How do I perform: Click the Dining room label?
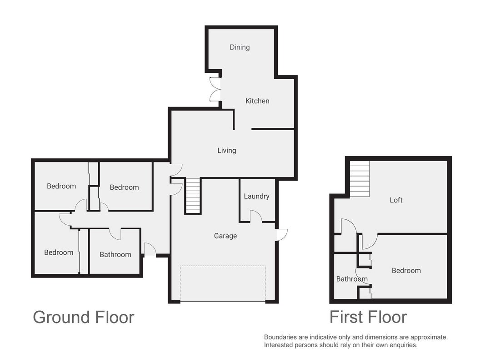tap(240, 47)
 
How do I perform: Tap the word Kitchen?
tap(257, 101)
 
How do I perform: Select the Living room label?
tap(226, 151)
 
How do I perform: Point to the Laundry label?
tap(256, 196)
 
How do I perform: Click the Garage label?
tap(225, 236)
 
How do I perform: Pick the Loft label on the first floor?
tap(396, 200)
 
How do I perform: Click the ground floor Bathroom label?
tap(115, 254)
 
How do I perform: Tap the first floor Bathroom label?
tap(352, 279)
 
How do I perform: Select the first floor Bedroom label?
tap(406, 271)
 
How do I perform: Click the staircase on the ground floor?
tap(193, 196)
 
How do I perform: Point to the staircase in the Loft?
tap(360, 179)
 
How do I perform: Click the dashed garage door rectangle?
tap(223, 283)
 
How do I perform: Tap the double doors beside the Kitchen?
tap(215, 89)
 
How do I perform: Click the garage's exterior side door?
tap(282, 235)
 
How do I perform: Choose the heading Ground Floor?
tap(84, 317)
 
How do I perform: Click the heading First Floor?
tap(368, 317)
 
